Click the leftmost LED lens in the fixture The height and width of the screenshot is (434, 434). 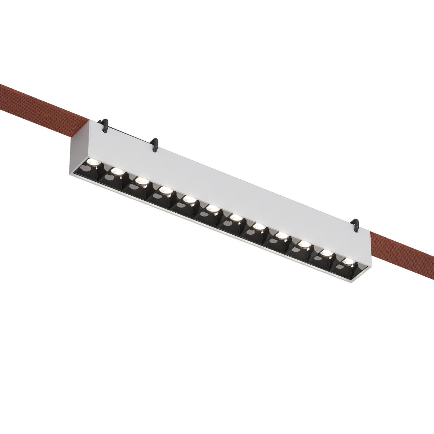pos(91,161)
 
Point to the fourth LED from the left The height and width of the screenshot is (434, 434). pos(165,190)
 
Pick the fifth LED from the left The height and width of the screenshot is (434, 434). pos(188,199)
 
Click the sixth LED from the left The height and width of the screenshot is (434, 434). pos(212,208)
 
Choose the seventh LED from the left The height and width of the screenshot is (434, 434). pos(235,217)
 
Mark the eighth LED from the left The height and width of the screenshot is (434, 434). pos(258,226)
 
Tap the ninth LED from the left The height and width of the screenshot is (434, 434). pos(281,235)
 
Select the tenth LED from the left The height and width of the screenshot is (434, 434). pos(304,244)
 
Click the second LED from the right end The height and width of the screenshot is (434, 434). pos(326,252)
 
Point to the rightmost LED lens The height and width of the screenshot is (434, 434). pos(348,261)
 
